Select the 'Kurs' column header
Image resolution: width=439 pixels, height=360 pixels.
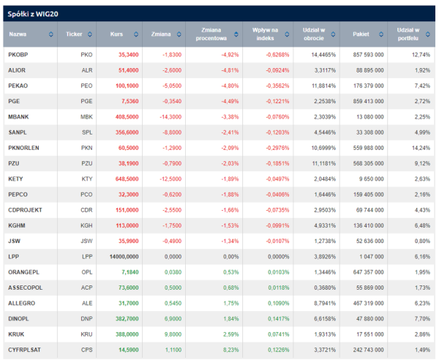point(116,34)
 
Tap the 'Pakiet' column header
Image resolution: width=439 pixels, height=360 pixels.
point(361,34)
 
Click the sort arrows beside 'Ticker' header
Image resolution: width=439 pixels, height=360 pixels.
point(92,34)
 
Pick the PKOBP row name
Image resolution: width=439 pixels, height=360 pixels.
point(18,55)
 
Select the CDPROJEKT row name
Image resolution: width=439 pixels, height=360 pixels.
point(23,210)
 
